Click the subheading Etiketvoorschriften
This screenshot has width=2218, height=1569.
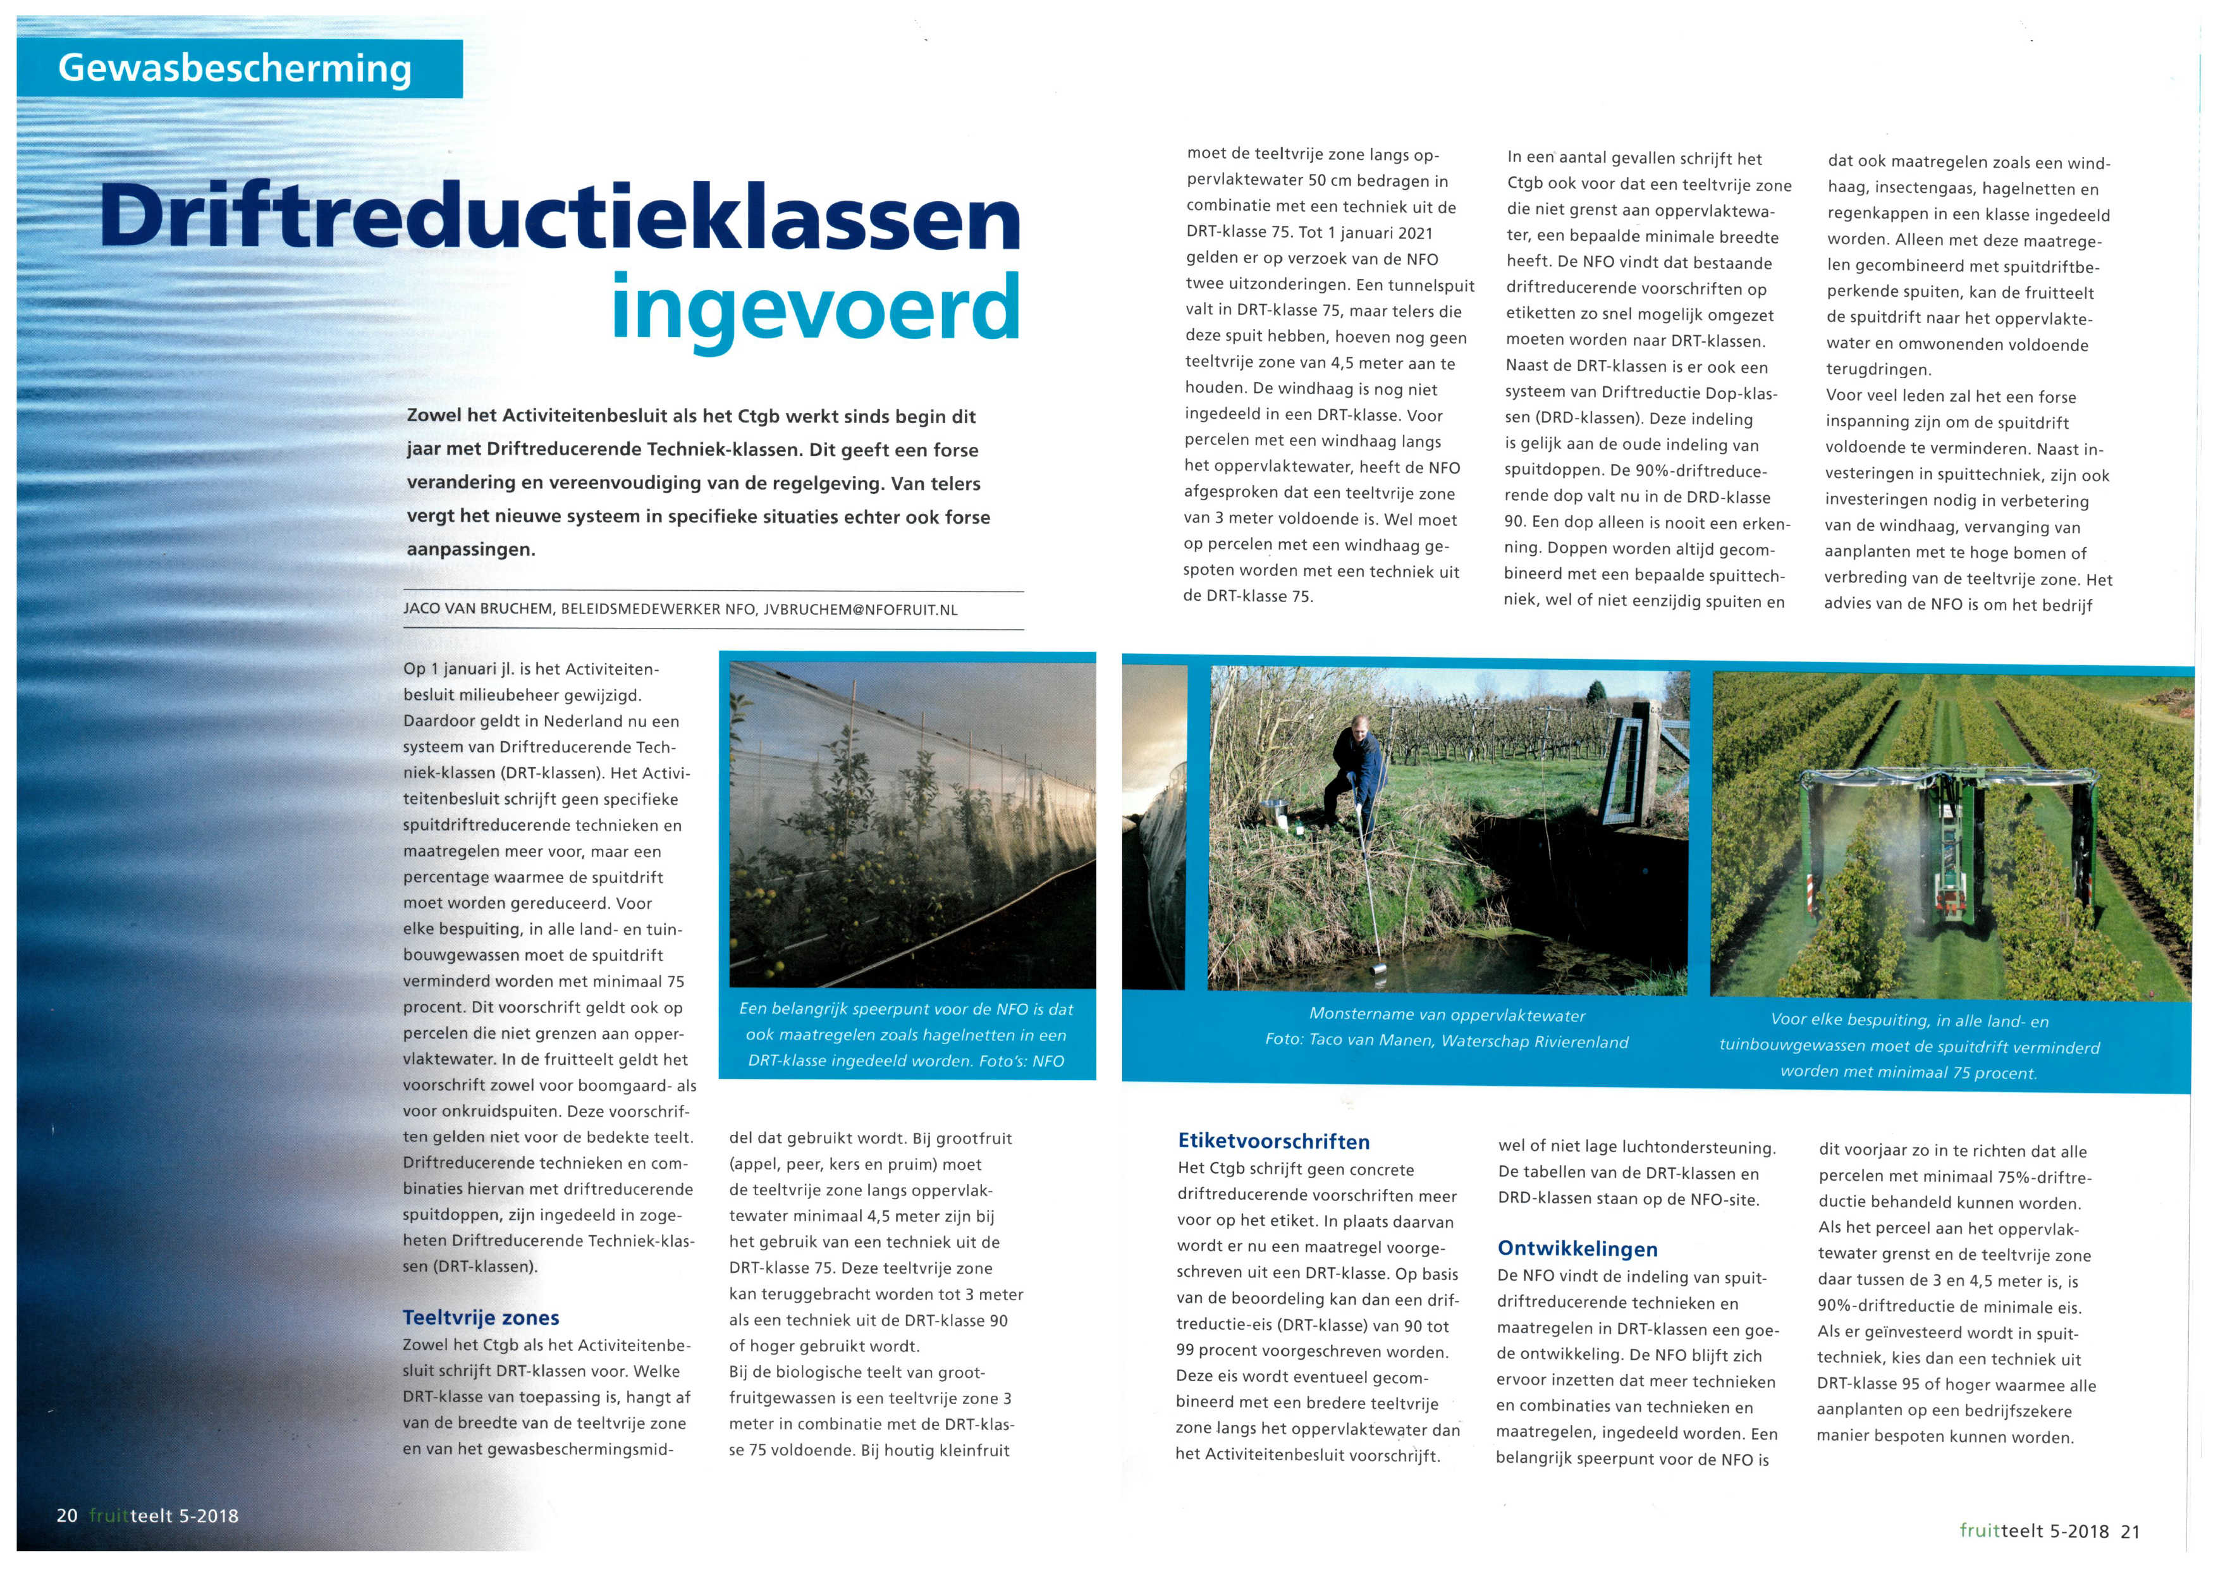click(1273, 1141)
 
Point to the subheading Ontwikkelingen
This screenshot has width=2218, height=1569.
click(1576, 1248)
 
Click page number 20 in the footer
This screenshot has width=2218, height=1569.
click(66, 1515)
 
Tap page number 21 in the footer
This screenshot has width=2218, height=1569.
click(2130, 1530)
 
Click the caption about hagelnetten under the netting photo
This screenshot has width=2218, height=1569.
click(905, 1035)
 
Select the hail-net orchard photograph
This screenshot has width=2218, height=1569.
click(912, 823)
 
